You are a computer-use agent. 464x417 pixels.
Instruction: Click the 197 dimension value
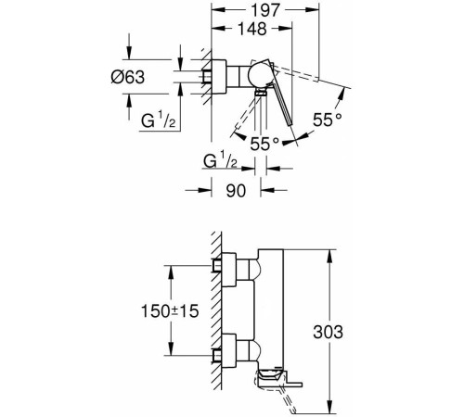[x=265, y=10]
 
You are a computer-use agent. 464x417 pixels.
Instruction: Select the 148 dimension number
[x=252, y=29]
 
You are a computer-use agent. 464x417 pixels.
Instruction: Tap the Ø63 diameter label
[x=128, y=77]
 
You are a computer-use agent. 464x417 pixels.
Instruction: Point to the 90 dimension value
[x=236, y=191]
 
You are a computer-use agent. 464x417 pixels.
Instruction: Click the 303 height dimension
[x=328, y=332]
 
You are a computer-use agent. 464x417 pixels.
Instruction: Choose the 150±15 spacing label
[x=170, y=311]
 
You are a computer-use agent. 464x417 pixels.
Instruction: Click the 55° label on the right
[x=328, y=120]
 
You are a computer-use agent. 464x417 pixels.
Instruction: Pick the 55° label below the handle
[x=264, y=144]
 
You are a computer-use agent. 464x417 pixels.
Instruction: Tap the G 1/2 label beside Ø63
[x=159, y=120]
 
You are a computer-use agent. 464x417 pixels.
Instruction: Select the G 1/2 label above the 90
[x=220, y=161]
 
